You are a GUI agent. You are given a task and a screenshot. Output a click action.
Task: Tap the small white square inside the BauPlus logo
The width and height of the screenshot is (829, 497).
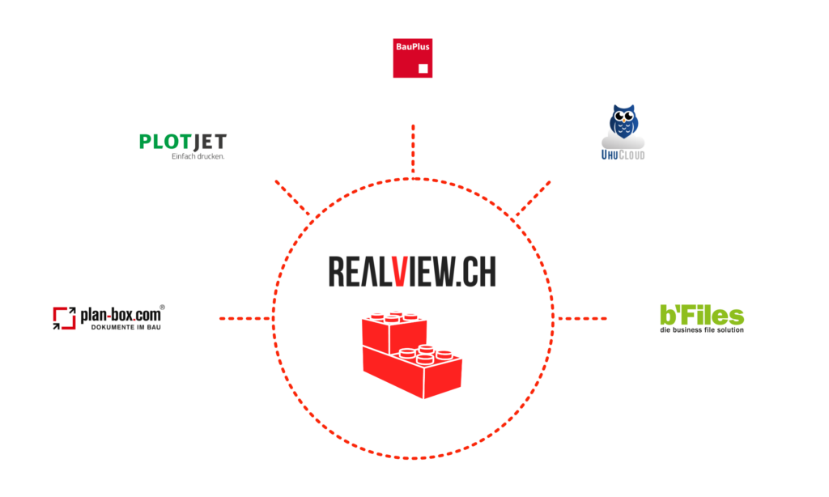click(x=423, y=69)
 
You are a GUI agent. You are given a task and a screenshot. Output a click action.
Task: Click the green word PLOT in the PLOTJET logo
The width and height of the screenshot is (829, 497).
click(x=164, y=142)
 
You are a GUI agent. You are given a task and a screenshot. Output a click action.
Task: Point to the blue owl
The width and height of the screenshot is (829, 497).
click(x=623, y=121)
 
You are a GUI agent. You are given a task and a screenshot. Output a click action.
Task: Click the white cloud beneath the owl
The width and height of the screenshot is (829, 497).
click(x=623, y=143)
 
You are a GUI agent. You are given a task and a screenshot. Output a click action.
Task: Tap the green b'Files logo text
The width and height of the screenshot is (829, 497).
click(x=702, y=315)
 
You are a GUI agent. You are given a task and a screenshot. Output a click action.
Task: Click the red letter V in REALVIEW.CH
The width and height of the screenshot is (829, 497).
click(x=398, y=272)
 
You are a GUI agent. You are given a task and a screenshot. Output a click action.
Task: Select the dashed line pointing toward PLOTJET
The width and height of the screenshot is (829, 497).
click(x=292, y=198)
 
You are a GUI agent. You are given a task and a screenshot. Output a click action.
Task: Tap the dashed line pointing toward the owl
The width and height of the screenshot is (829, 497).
click(x=534, y=198)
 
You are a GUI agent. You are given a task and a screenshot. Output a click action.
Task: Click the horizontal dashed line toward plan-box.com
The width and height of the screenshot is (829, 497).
click(x=244, y=318)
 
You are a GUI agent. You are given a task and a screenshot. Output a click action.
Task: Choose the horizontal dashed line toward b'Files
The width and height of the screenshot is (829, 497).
click(x=582, y=318)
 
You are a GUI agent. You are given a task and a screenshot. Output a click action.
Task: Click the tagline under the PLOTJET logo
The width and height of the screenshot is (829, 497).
click(x=198, y=156)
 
